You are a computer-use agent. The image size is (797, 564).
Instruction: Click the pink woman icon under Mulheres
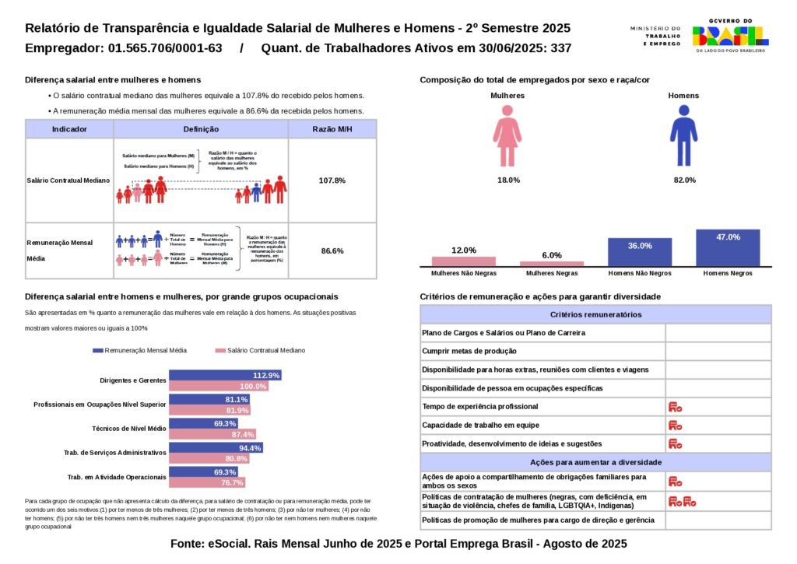click(507, 136)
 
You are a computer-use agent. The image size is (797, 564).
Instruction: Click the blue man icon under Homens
click(683, 136)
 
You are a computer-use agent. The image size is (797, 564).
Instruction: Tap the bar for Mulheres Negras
click(552, 264)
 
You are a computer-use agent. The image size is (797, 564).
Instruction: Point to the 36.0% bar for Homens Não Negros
click(640, 252)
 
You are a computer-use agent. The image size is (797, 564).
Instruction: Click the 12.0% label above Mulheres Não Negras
click(464, 250)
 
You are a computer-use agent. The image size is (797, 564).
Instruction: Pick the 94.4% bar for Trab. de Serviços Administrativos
click(216, 447)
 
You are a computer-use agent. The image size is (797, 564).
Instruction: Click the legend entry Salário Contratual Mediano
click(261, 351)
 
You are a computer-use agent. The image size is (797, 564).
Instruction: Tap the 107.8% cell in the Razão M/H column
click(332, 180)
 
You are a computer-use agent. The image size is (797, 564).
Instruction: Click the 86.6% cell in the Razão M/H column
click(332, 251)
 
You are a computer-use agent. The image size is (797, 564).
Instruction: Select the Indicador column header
click(69, 129)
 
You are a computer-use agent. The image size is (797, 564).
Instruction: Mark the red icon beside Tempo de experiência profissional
click(675, 407)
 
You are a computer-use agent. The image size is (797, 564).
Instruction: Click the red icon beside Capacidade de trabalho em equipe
click(675, 426)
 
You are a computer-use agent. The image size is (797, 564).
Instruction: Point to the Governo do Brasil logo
click(730, 36)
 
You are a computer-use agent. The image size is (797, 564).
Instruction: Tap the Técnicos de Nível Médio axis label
click(129, 429)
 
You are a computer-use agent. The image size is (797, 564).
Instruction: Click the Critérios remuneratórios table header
click(595, 314)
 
